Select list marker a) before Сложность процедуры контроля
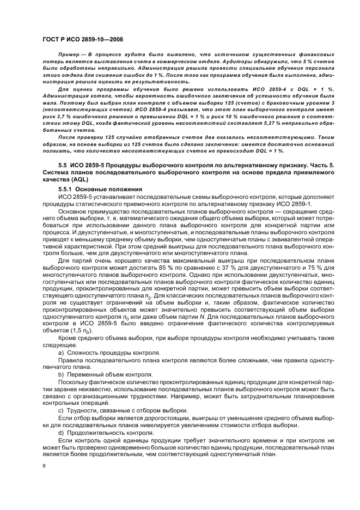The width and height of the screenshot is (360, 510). tap(61, 353)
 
